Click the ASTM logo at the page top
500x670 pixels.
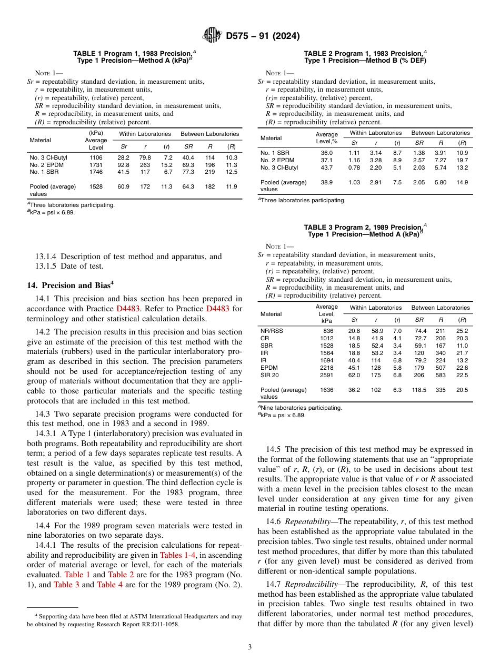[212, 36]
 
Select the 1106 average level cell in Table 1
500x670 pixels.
[96, 157]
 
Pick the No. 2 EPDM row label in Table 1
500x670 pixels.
[46, 165]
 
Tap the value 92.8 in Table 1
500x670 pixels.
[124, 165]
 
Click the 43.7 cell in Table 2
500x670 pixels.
[326, 168]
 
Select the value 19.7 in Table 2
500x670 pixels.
[462, 160]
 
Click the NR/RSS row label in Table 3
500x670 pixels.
[272, 331]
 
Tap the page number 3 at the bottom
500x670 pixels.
[249, 647]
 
